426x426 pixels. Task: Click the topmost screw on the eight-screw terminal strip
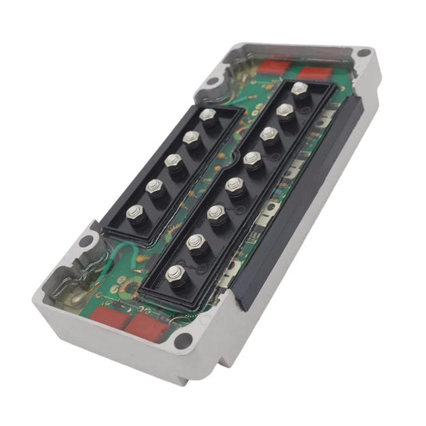coord(300,89)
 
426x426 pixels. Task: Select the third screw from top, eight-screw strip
coord(269,133)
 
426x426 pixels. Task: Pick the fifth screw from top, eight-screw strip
coord(234,185)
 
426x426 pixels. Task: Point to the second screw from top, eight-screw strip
coord(285,110)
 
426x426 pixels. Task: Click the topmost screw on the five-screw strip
coord(209,117)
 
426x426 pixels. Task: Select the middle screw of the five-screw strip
coord(173,161)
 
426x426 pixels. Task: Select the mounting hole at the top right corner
coord(364,56)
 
